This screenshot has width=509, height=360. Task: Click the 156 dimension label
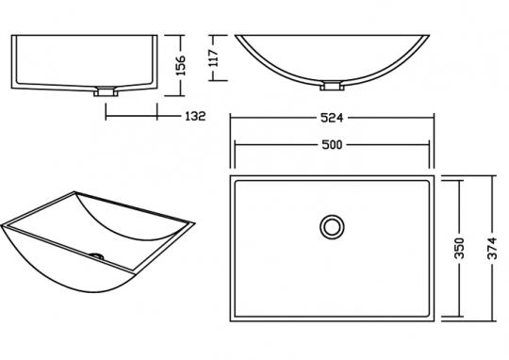pyautogui.click(x=181, y=65)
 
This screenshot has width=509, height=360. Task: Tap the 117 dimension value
pyautogui.click(x=215, y=57)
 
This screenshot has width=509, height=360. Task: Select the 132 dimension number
pyautogui.click(x=195, y=116)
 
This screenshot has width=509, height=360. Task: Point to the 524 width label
pyautogui.click(x=332, y=118)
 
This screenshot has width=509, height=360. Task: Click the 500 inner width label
pyautogui.click(x=332, y=145)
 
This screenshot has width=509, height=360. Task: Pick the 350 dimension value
pyautogui.click(x=459, y=249)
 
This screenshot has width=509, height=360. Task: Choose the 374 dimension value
pyautogui.click(x=492, y=249)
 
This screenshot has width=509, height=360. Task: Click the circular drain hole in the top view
pyautogui.click(x=332, y=227)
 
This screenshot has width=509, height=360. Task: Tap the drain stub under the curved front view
pyautogui.click(x=332, y=86)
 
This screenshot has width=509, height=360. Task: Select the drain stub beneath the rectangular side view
pyautogui.click(x=106, y=91)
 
